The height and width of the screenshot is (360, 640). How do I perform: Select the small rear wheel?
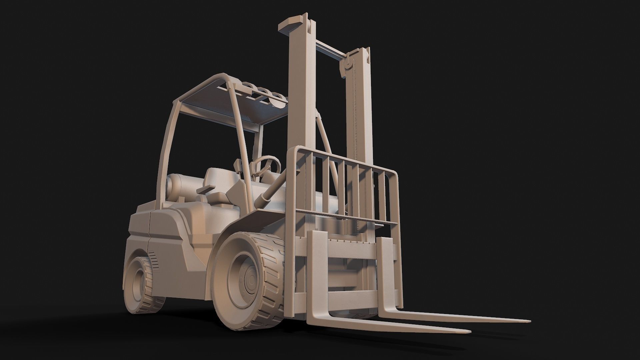[x=142, y=283]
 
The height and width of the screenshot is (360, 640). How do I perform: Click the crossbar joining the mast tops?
[x=330, y=48]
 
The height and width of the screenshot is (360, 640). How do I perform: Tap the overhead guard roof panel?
[x=233, y=110]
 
